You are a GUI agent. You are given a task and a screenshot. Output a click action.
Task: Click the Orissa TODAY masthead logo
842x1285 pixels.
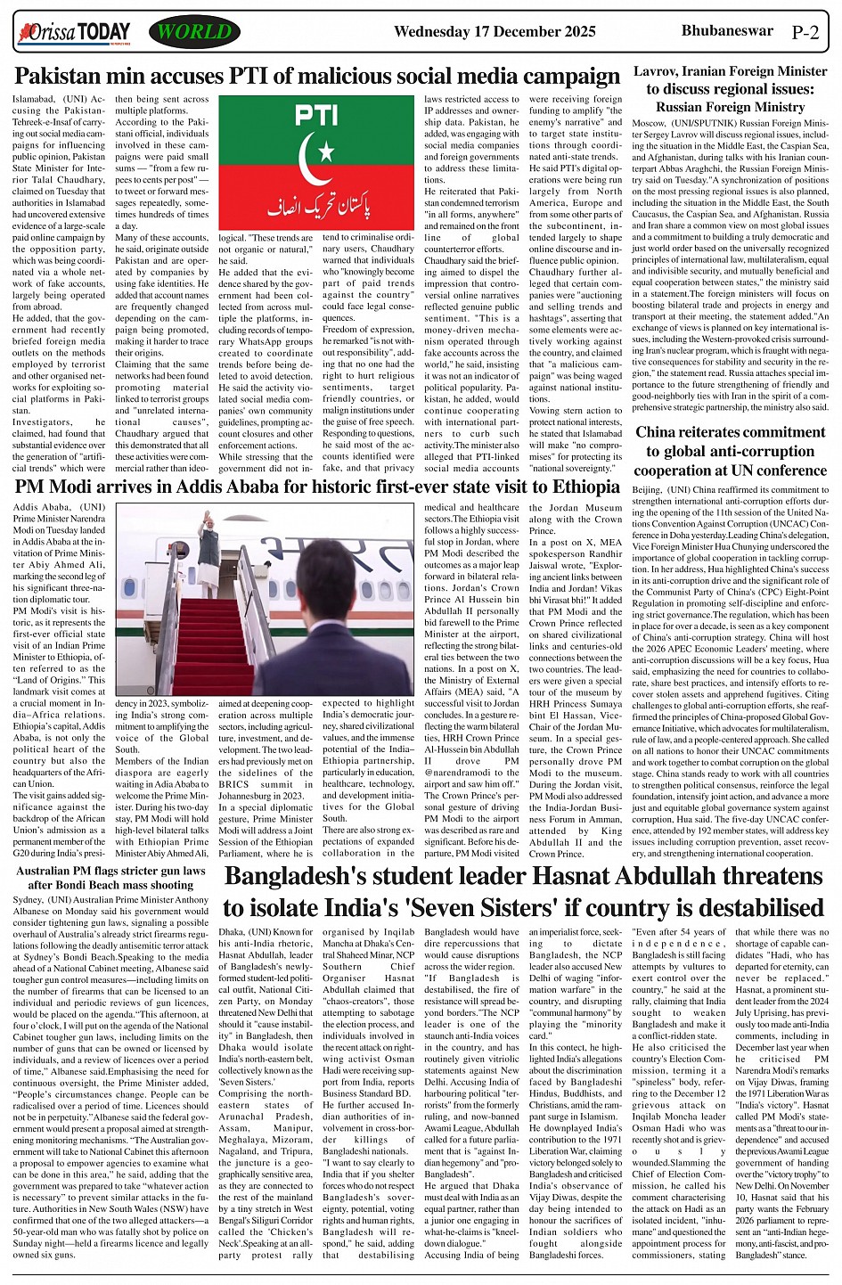click(75, 34)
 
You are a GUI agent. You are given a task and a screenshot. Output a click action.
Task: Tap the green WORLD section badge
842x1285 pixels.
click(194, 33)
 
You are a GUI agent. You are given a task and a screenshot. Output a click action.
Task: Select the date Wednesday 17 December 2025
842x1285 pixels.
click(495, 32)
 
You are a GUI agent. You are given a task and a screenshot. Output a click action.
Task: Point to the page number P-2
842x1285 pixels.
click(805, 33)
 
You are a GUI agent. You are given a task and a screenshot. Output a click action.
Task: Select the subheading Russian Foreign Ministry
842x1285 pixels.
click(730, 107)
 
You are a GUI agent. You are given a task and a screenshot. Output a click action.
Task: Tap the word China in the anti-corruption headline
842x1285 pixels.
click(657, 433)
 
